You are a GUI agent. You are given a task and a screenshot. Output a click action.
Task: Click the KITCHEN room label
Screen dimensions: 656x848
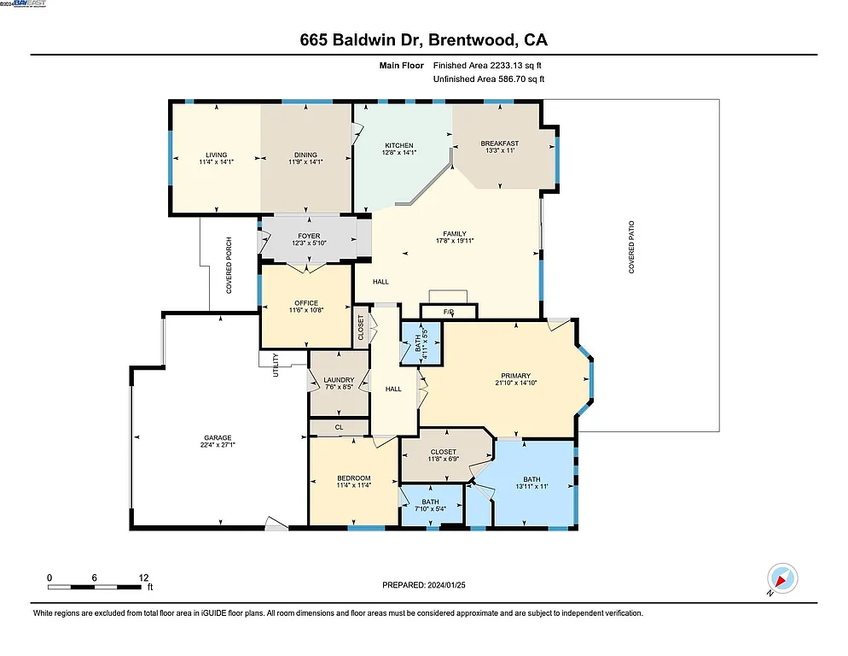[x=398, y=146]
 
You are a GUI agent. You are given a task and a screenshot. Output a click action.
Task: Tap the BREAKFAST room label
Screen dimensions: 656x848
[x=499, y=143]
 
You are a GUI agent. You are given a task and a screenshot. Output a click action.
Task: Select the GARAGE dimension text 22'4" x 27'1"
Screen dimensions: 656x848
[x=218, y=444]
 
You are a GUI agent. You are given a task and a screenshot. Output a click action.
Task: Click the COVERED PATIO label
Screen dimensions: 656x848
[x=632, y=247]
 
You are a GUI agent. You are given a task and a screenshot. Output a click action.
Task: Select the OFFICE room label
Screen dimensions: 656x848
[x=305, y=302]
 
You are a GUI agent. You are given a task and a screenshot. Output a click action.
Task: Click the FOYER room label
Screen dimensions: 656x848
[x=309, y=237]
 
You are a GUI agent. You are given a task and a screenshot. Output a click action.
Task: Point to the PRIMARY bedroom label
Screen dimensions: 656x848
[x=516, y=376]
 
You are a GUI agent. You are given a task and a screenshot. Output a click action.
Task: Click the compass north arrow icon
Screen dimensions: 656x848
[x=781, y=578]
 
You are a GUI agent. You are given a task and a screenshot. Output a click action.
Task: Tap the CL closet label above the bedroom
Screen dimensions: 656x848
[x=339, y=427]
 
